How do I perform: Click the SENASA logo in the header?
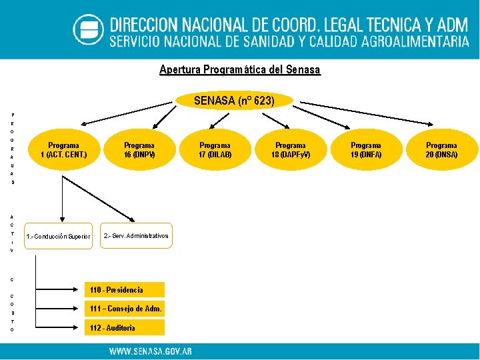[88, 30]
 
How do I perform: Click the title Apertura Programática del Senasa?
[240, 69]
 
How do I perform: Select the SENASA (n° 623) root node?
[234, 101]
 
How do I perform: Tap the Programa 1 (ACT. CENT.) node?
[63, 150]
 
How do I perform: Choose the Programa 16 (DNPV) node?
[139, 150]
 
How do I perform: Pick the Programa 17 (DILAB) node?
[215, 150]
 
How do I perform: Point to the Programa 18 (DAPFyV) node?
[291, 150]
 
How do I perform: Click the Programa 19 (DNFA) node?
[366, 150]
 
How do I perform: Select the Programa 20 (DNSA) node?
[441, 150]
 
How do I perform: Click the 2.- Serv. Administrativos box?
[136, 236]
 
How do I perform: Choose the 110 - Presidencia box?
[126, 289]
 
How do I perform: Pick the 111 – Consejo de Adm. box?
[126, 309]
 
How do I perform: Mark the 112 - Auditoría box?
[126, 327]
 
